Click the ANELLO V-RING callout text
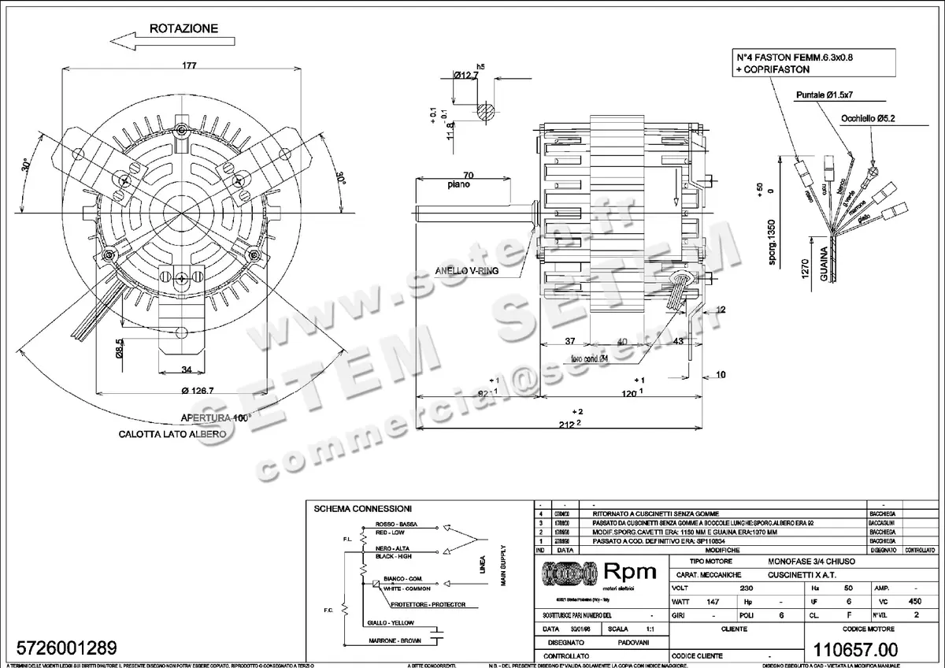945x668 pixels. (x=466, y=270)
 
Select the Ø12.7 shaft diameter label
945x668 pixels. (x=468, y=76)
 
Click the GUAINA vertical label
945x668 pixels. (x=823, y=265)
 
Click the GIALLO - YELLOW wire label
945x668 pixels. (x=390, y=622)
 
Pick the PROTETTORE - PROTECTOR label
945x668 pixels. (x=428, y=604)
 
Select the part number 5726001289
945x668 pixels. (x=61, y=648)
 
